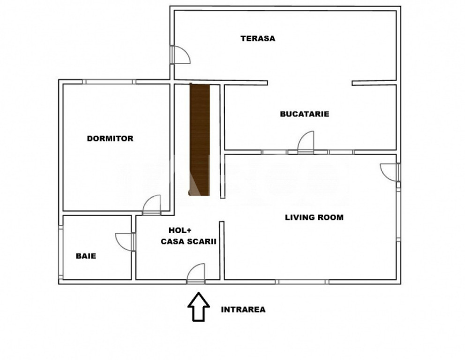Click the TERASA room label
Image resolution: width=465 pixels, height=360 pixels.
[x=258, y=38]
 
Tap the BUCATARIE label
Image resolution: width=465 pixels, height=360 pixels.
[x=305, y=114]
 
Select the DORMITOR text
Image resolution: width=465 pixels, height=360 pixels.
[x=110, y=138]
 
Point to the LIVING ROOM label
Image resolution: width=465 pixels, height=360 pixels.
[x=315, y=217]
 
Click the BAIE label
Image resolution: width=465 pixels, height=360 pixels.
[x=86, y=256]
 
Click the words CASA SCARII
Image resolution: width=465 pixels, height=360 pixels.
[x=188, y=242]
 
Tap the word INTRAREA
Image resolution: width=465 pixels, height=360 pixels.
[x=243, y=309]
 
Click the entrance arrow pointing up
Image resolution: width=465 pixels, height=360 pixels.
[x=199, y=307]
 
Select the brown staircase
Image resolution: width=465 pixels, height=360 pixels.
[x=200, y=139]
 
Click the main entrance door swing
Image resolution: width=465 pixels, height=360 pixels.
[x=196, y=273]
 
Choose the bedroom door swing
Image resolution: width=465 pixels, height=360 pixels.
[x=151, y=205]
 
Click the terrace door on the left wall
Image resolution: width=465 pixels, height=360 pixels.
[x=180, y=54]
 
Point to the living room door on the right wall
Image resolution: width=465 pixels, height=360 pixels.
[x=390, y=172]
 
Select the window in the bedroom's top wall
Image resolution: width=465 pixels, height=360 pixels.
[x=109, y=82]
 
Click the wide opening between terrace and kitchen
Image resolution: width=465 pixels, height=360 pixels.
[x=310, y=83]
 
